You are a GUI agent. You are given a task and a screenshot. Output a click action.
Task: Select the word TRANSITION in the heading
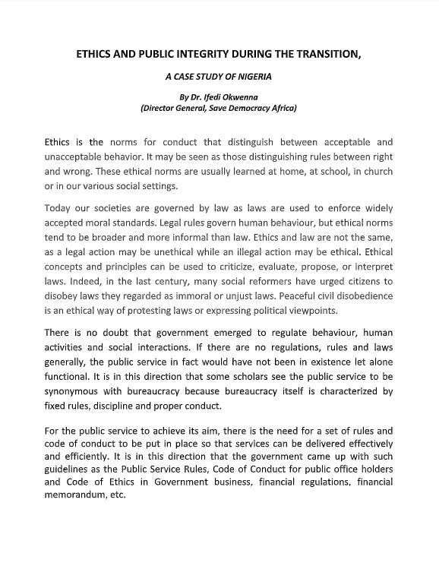coord(349,55)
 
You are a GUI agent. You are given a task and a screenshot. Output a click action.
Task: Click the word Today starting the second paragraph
coord(61,208)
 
